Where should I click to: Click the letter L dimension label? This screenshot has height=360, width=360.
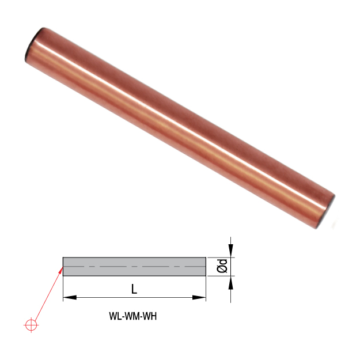[x=134, y=289]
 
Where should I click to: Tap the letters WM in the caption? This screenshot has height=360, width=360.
[x=132, y=316]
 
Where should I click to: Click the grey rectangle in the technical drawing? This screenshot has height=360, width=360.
[x=134, y=267]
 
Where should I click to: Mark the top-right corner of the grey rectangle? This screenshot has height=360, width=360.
[x=206, y=257]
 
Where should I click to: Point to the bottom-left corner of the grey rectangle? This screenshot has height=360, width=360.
[x=63, y=276]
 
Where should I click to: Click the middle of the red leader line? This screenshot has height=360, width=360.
[x=47, y=297]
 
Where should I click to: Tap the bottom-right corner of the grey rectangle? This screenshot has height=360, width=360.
[x=206, y=276]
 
